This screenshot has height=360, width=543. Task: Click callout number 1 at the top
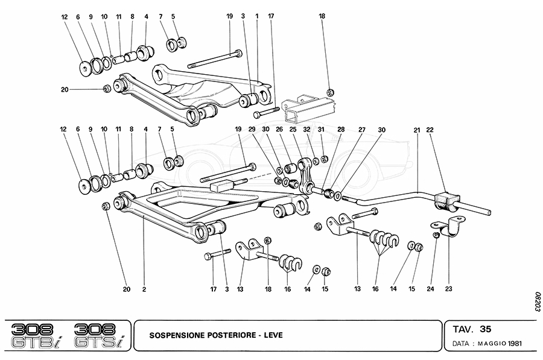click(x=256, y=17)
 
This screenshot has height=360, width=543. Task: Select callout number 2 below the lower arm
click(x=144, y=289)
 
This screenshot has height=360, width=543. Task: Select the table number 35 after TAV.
click(x=486, y=329)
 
